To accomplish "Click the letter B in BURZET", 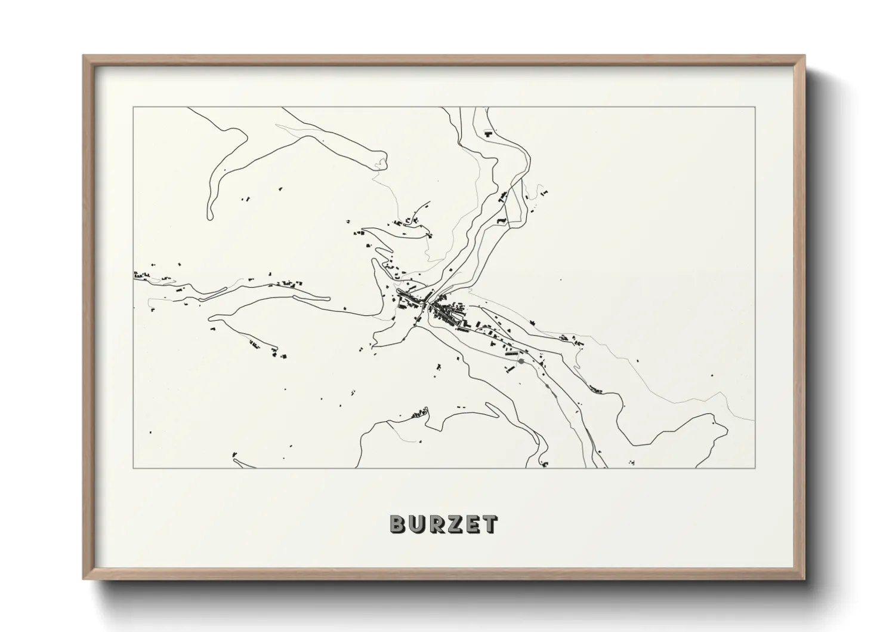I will tap(399, 524).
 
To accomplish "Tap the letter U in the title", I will tap(418, 524).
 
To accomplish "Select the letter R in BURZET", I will tap(437, 524).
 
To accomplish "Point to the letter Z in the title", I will tap(455, 524).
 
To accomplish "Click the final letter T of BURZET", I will tap(490, 524).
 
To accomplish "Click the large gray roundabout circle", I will tap(521, 361).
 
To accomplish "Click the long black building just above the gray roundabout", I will tap(512, 354).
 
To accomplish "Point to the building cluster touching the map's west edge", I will tap(141, 275).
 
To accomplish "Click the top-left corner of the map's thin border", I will tap(133, 108).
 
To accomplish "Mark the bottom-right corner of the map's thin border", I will tap(754, 468).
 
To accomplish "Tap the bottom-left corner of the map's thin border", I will tap(133, 468).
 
